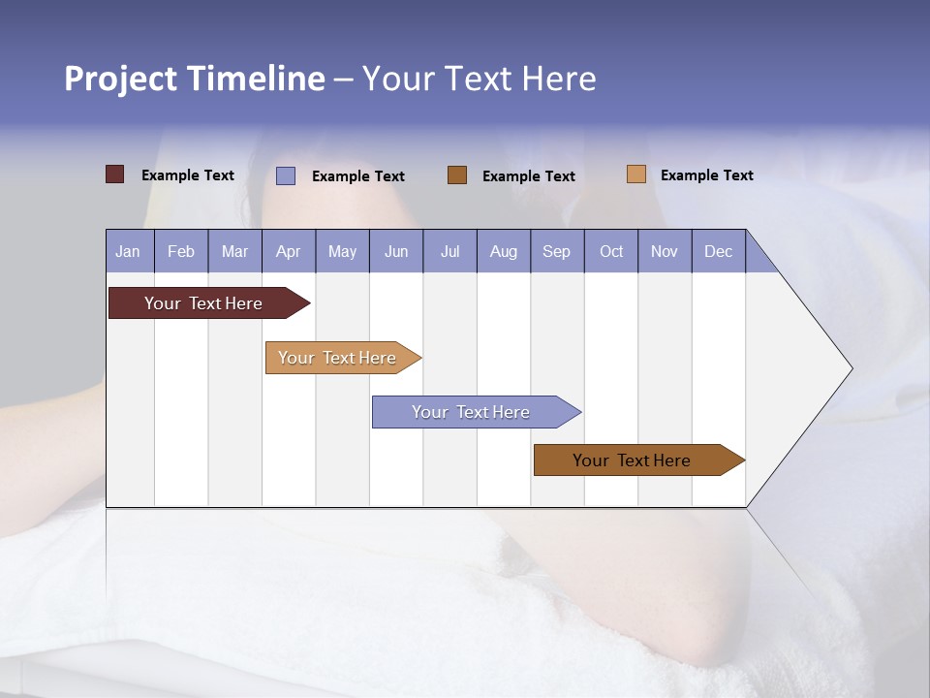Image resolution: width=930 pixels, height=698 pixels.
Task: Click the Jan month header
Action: click(129, 251)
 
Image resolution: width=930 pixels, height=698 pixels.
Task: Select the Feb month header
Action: click(181, 251)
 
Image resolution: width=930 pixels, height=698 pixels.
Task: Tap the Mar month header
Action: click(234, 251)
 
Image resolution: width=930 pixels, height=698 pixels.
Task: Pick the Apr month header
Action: click(289, 251)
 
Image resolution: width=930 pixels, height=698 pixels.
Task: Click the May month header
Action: click(342, 251)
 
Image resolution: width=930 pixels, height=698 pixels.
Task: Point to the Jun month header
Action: click(396, 251)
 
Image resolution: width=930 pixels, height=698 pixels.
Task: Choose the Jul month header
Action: click(449, 251)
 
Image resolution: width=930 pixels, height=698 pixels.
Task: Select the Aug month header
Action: click(504, 251)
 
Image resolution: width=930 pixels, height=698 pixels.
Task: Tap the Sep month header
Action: click(557, 251)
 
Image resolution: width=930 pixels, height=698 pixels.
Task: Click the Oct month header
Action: click(611, 251)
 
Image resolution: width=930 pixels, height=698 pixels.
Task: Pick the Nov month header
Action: click(665, 251)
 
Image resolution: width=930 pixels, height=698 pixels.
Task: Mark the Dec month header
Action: click(719, 251)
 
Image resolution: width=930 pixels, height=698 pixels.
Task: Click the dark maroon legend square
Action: click(115, 174)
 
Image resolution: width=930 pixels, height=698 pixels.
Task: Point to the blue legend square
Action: click(286, 175)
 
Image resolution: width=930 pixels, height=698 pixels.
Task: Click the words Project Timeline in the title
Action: click(195, 79)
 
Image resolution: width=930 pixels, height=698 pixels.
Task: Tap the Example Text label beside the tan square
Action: click(706, 175)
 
